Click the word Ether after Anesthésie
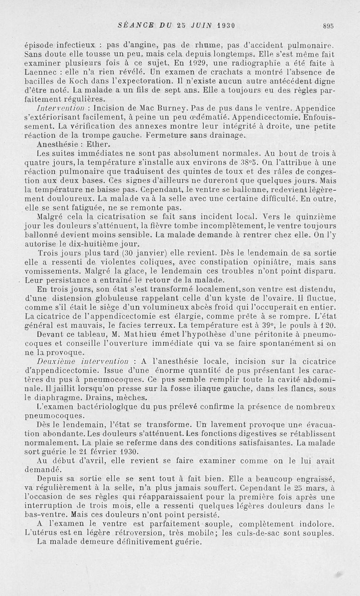[x=99, y=144]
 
